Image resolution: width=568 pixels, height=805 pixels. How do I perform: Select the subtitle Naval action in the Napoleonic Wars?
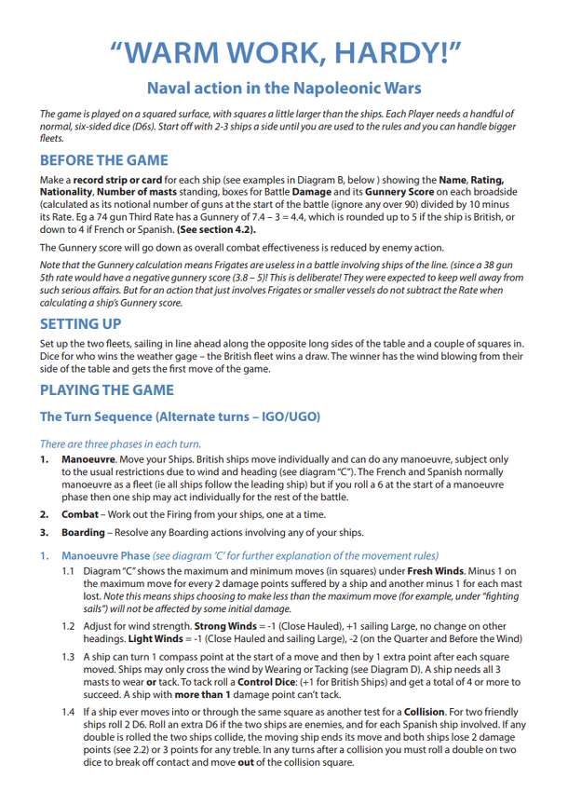tap(284, 89)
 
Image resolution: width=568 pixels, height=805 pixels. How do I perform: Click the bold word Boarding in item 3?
tap(83, 532)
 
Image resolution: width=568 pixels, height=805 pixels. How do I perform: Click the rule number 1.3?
tap(69, 655)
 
